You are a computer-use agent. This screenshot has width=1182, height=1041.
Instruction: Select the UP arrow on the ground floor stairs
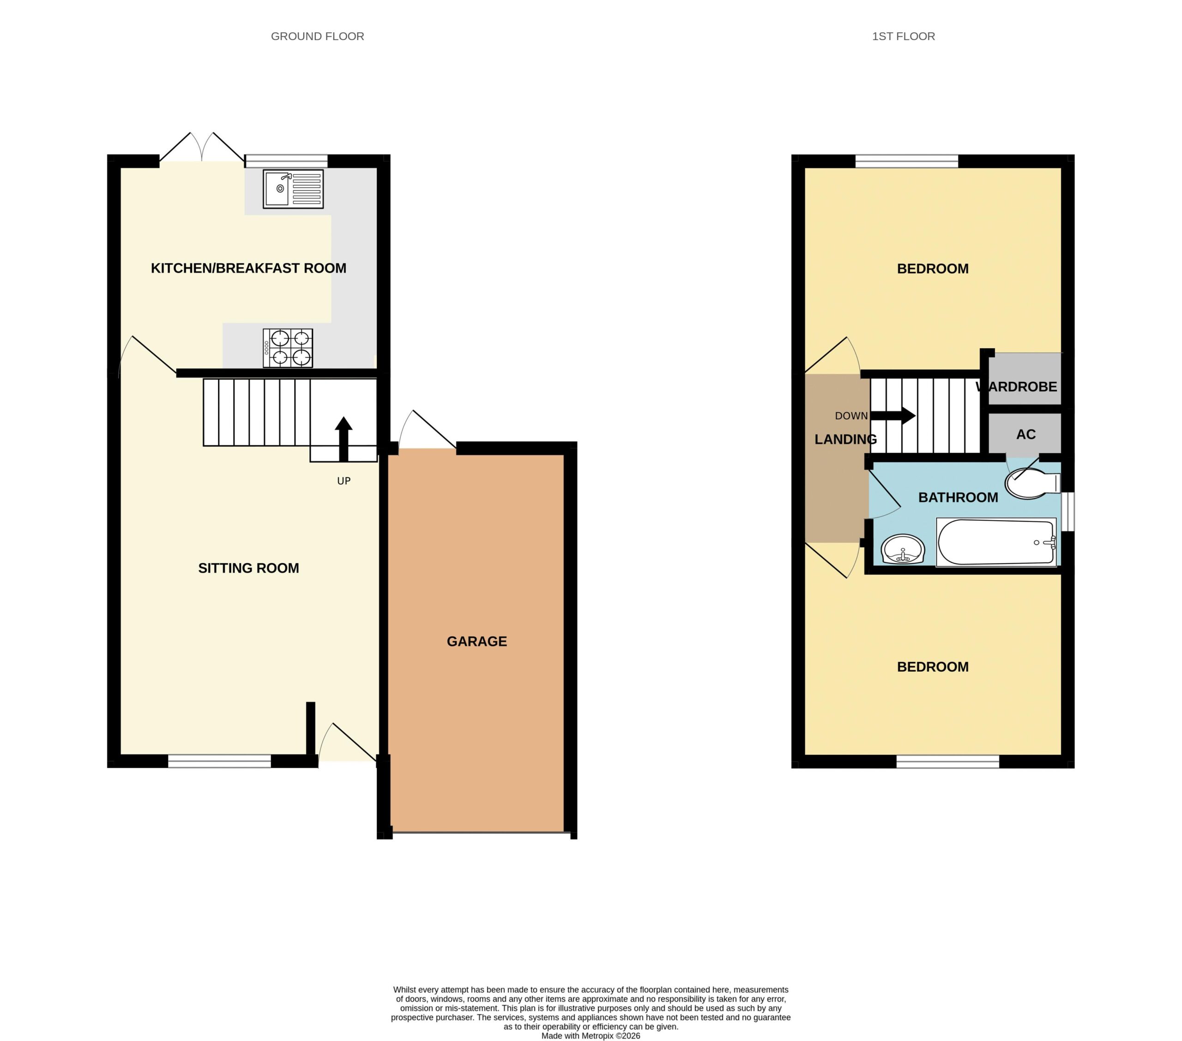point(344,439)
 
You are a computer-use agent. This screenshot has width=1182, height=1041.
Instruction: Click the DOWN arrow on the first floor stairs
point(893,415)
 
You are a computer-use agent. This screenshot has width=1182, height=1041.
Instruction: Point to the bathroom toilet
point(1032,483)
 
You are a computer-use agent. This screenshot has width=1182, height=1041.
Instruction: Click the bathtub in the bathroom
point(996,542)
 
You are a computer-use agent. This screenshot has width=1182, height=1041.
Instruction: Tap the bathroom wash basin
point(903,549)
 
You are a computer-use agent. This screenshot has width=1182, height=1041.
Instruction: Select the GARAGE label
point(476,641)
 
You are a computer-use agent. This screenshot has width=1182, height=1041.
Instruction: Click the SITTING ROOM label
point(249,568)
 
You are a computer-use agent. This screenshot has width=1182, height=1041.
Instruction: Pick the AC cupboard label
point(1026,434)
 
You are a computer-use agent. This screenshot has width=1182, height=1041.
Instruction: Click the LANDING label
point(845,439)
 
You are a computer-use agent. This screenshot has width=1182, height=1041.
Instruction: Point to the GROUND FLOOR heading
point(318,36)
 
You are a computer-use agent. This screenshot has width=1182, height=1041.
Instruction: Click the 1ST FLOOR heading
point(903,36)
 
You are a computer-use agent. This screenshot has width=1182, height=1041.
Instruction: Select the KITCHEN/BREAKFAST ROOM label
point(249,268)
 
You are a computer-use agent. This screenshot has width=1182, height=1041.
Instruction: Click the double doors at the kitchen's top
point(202,147)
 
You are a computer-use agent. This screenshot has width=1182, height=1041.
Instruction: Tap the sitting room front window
point(219,761)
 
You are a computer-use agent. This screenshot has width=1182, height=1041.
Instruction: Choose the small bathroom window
point(1067,511)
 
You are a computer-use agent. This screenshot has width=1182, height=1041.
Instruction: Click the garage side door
point(428,430)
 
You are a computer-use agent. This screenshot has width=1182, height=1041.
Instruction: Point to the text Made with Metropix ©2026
point(591,1036)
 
